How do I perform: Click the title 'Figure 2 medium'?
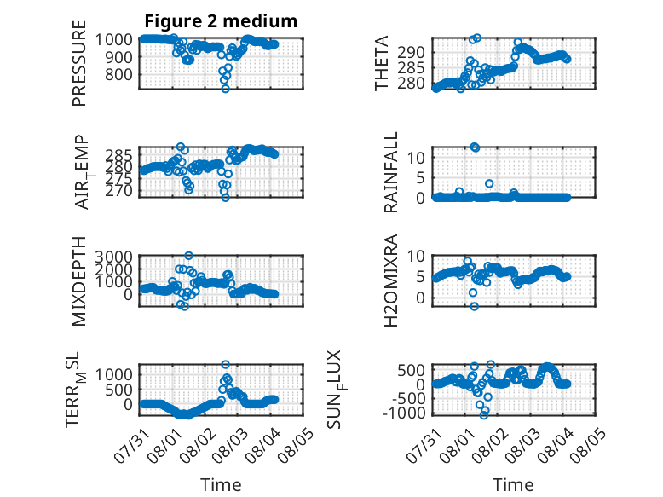(221, 21)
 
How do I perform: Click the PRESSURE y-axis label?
(79, 63)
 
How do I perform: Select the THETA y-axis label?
(382, 63)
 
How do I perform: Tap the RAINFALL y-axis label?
(390, 172)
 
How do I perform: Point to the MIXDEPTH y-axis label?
(79, 281)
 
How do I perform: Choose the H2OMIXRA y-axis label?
(390, 280)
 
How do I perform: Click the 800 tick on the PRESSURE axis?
(118, 74)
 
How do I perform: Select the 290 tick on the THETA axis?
(411, 53)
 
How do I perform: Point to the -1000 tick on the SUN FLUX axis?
(404, 413)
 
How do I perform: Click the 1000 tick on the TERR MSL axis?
(113, 374)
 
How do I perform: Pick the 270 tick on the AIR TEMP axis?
(118, 191)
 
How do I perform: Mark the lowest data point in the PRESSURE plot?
(225, 89)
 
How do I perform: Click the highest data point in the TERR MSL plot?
(225, 364)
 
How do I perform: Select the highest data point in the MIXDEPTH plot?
(188, 256)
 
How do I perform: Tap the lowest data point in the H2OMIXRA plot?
(475, 306)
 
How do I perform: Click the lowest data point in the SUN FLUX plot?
(484, 415)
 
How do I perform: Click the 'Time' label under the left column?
(221, 484)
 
